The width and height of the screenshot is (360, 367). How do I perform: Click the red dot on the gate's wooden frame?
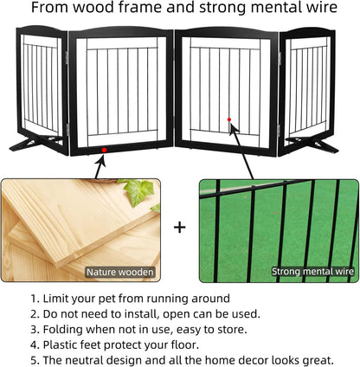[x=105, y=150]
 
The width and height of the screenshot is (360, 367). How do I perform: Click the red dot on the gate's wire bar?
[x=228, y=119]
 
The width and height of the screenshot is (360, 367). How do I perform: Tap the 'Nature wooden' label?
[x=120, y=272]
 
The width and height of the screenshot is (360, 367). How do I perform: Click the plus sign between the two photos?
[x=180, y=228]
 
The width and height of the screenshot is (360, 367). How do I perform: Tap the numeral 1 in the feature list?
[x=34, y=299]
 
